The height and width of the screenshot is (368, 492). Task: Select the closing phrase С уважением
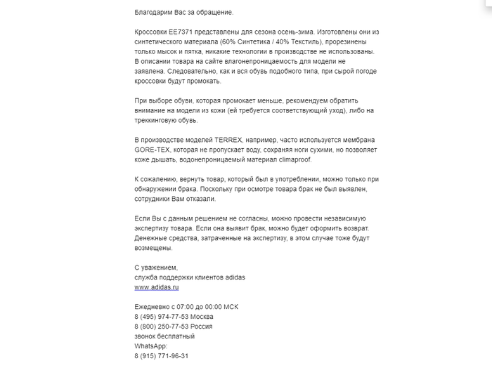(156, 268)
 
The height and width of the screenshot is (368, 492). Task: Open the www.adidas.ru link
(157, 287)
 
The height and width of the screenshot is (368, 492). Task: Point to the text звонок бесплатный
(164, 336)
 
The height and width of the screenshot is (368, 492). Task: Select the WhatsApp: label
(150, 346)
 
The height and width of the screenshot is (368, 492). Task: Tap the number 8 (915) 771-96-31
(161, 356)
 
